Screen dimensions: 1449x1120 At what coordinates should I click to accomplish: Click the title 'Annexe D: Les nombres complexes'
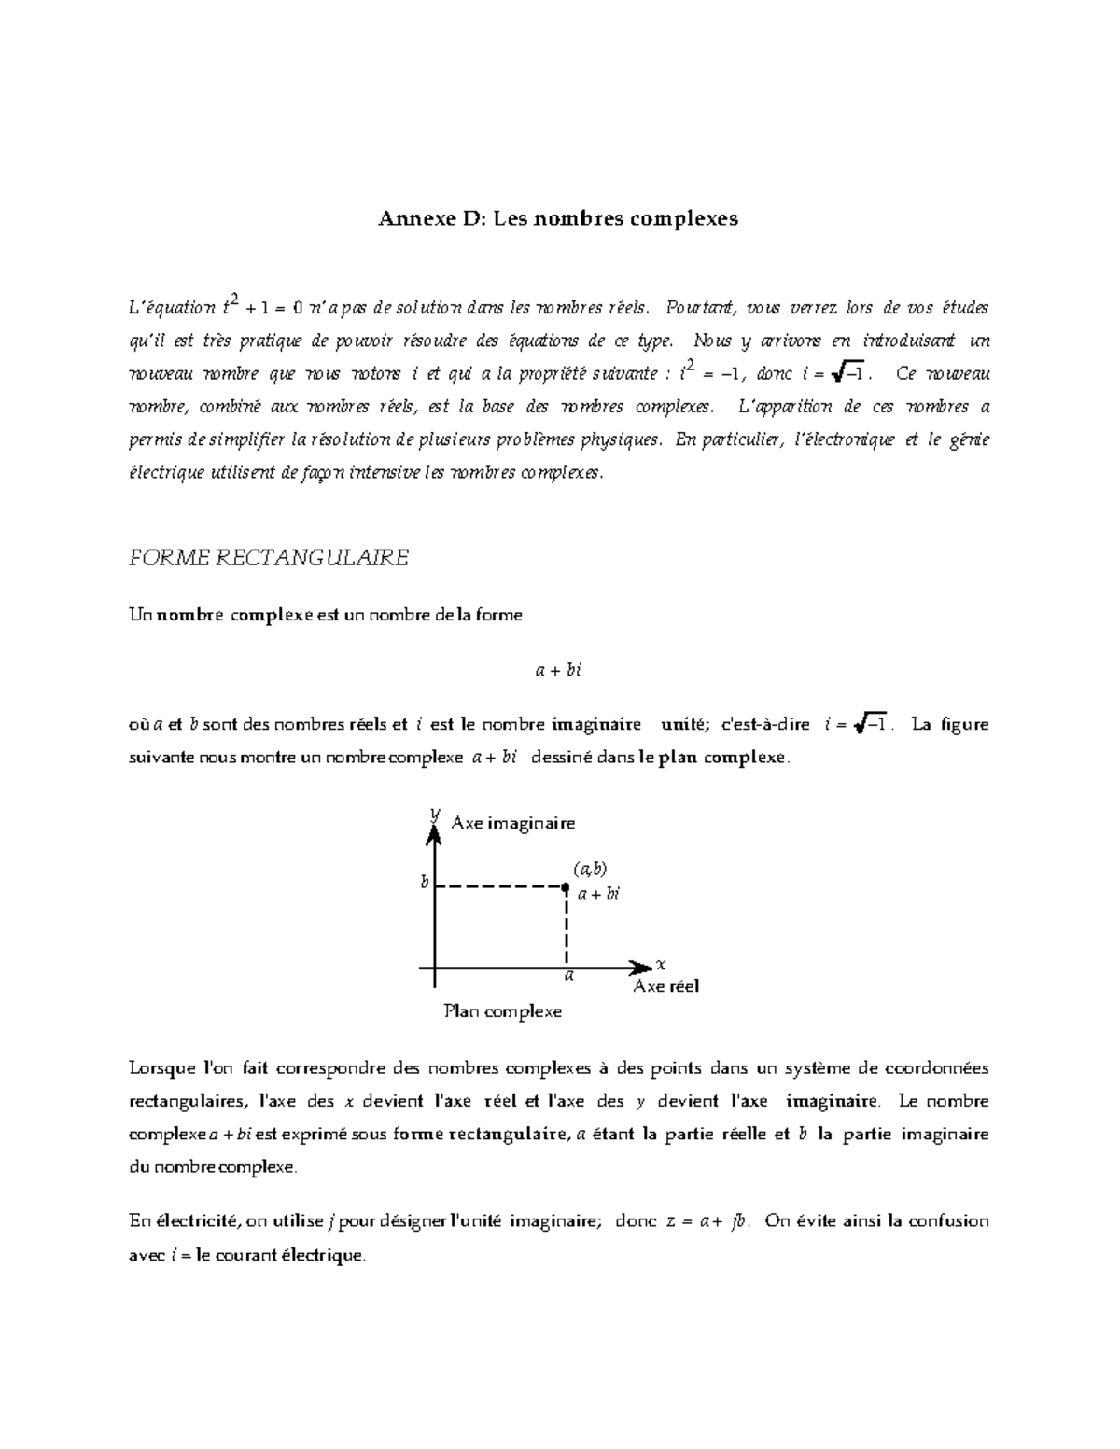[558, 219]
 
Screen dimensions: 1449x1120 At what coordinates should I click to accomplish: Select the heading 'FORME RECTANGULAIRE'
[268, 558]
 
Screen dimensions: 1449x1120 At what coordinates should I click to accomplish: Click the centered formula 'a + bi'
[558, 670]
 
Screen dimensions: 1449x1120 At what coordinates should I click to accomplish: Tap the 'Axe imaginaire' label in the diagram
[512, 823]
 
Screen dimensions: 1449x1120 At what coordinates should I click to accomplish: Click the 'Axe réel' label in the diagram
[665, 986]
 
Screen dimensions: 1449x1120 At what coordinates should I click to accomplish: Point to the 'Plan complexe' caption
[503, 1011]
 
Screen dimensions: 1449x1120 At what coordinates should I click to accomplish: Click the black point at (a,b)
[566, 887]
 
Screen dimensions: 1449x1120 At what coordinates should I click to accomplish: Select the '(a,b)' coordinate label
[590, 869]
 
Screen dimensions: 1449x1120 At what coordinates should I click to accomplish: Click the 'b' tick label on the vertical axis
[425, 882]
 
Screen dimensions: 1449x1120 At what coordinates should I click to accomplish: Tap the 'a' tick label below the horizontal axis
[567, 976]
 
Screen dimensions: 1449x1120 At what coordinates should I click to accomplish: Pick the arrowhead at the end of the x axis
[641, 968]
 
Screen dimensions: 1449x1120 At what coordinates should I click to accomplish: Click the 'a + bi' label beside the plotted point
[598, 895]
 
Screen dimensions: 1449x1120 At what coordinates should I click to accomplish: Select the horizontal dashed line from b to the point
[499, 887]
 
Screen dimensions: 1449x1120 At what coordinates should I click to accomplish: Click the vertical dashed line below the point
[566, 928]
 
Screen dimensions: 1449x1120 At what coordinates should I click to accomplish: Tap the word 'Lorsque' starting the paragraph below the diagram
[158, 1068]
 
